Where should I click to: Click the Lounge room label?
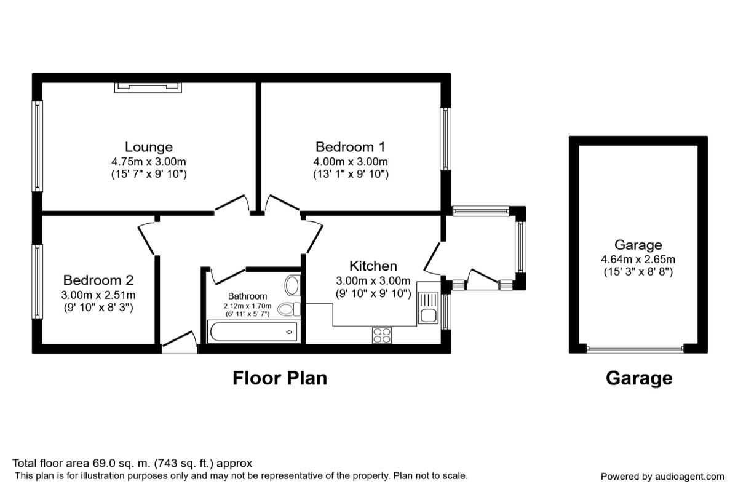coord(149,147)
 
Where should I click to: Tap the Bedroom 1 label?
coord(350,147)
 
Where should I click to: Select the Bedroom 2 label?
coord(98,280)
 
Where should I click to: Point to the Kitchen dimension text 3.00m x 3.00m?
coord(373,281)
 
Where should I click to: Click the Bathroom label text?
coord(247,296)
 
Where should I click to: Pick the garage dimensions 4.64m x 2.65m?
coord(638,260)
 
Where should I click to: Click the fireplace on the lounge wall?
coord(148,88)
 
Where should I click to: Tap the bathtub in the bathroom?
coord(253,331)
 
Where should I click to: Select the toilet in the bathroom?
coord(289,309)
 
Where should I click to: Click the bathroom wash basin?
coord(292,285)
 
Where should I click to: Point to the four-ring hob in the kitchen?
coord(382,335)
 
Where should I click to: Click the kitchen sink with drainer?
coord(428,307)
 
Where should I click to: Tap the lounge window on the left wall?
coord(38,146)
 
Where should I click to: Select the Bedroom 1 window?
coord(446,139)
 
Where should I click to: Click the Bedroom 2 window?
coord(38,282)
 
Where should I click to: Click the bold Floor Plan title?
coord(280,378)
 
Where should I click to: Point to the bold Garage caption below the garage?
coord(639,378)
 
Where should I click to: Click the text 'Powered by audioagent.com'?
coord(662,477)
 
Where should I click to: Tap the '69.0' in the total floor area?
coord(104,463)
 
